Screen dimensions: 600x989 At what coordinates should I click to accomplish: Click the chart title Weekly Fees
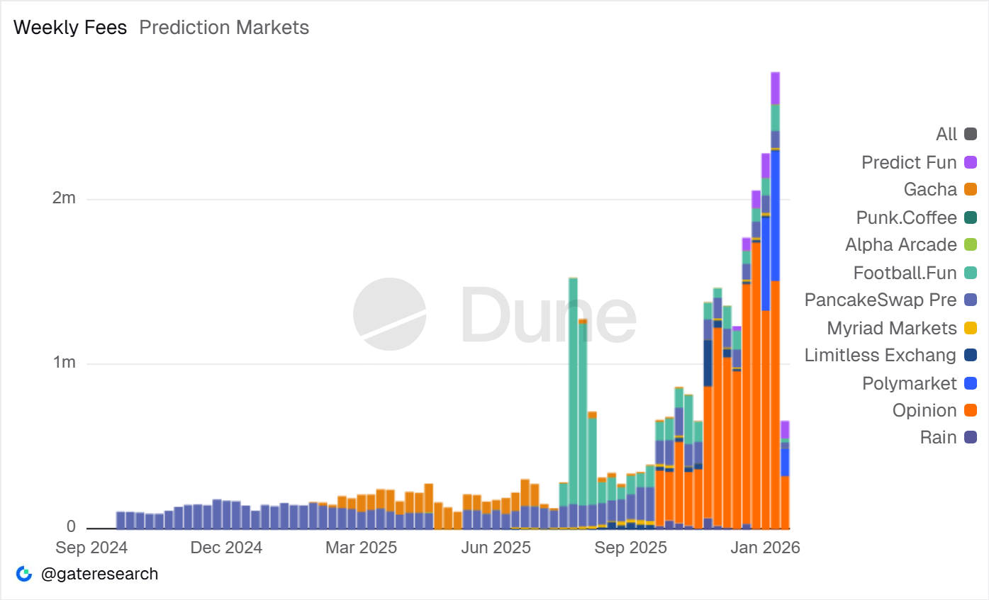pyautogui.click(x=70, y=28)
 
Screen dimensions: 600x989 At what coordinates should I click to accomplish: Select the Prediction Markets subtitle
pyautogui.click(x=224, y=28)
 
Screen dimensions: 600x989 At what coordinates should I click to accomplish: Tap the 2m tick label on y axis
pyautogui.click(x=64, y=198)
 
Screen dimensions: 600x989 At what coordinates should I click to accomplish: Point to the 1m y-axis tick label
pyautogui.click(x=64, y=363)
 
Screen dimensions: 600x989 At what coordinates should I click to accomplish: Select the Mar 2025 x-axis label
pyautogui.click(x=361, y=548)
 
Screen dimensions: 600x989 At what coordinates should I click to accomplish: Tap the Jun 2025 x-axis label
pyautogui.click(x=496, y=548)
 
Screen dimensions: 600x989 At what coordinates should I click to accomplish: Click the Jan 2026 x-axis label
pyautogui.click(x=766, y=548)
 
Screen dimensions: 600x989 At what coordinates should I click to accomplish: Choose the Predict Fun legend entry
pyautogui.click(x=909, y=162)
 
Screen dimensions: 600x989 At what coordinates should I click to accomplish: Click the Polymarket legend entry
pyautogui.click(x=909, y=383)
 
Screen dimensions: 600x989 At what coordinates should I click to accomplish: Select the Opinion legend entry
pyautogui.click(x=924, y=410)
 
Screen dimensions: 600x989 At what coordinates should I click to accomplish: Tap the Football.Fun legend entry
pyautogui.click(x=905, y=273)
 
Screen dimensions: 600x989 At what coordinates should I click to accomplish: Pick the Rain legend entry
pyautogui.click(x=938, y=437)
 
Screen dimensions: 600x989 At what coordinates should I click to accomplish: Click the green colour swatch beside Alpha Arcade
pyautogui.click(x=971, y=245)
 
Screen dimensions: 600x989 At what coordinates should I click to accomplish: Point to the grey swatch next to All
pyautogui.click(x=971, y=134)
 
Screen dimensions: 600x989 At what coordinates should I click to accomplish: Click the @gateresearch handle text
pyautogui.click(x=99, y=574)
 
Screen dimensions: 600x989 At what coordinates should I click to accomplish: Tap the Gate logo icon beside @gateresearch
pyautogui.click(x=24, y=574)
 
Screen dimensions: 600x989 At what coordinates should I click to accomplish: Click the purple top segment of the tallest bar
pyautogui.click(x=776, y=88)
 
